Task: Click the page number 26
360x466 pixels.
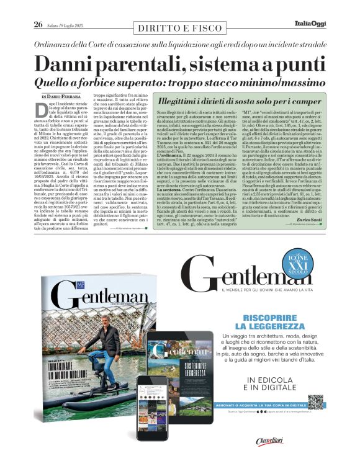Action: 38,25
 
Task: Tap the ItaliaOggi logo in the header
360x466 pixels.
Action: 309,24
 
